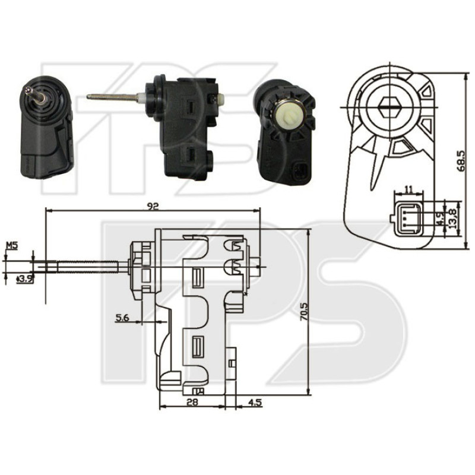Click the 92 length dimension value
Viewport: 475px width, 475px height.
click(153, 205)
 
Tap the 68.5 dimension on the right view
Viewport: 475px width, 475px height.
click(460, 160)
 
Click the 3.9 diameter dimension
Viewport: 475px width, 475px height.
click(24, 278)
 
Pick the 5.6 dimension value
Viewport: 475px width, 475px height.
click(122, 318)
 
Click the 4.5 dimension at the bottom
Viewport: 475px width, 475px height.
click(254, 402)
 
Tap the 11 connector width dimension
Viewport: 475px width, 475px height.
click(408, 188)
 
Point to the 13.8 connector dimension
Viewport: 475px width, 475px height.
click(453, 220)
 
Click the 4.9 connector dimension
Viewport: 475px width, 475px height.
click(440, 218)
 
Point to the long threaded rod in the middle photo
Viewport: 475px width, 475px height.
click(113, 96)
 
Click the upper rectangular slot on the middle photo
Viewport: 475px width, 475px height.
click(190, 107)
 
